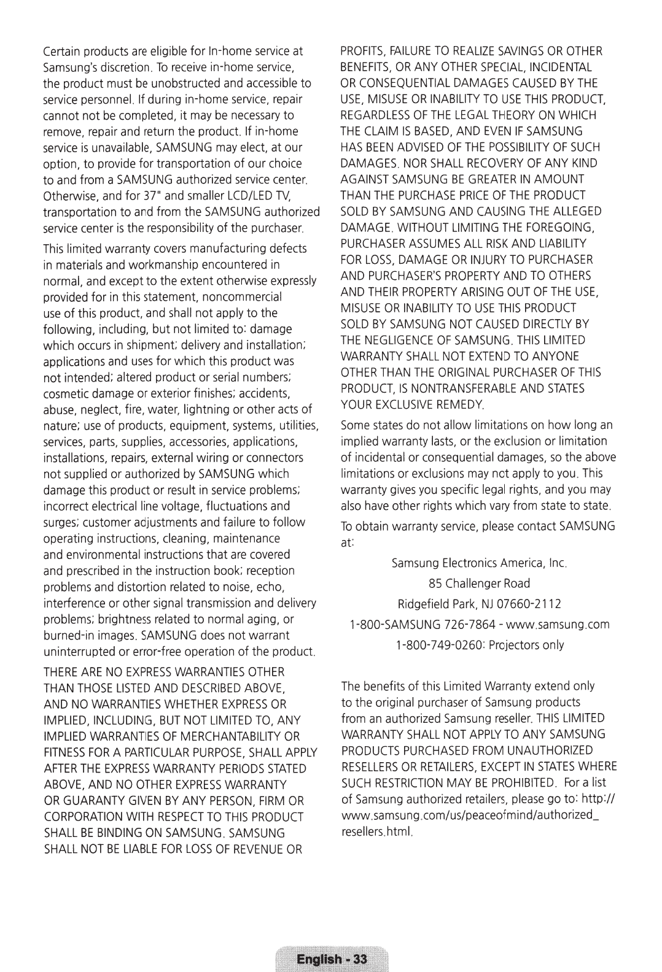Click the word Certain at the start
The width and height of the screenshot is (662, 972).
click(60, 51)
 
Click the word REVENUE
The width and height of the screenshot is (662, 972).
click(257, 849)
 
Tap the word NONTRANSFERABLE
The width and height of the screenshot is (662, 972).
click(483, 388)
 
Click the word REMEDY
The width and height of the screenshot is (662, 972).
click(462, 404)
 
